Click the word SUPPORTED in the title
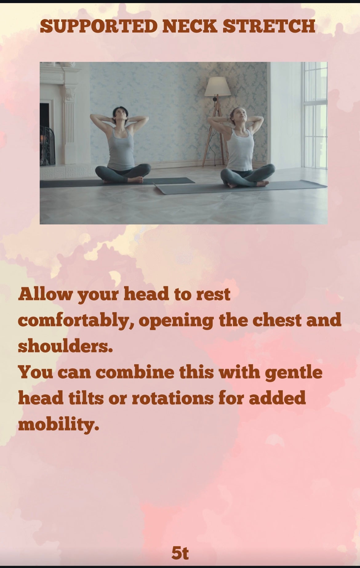pyautogui.click(x=99, y=26)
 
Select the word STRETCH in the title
pyautogui.click(x=269, y=26)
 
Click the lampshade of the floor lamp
pyautogui.click(x=218, y=86)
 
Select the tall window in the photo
pyautogui.click(x=314, y=115)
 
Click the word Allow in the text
pyautogui.click(x=46, y=294)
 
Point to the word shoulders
pyautogui.click(x=65, y=346)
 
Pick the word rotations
pyautogui.click(x=173, y=398)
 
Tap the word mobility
pyautogui.click(x=58, y=425)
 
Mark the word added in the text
pyautogui.click(x=277, y=398)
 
